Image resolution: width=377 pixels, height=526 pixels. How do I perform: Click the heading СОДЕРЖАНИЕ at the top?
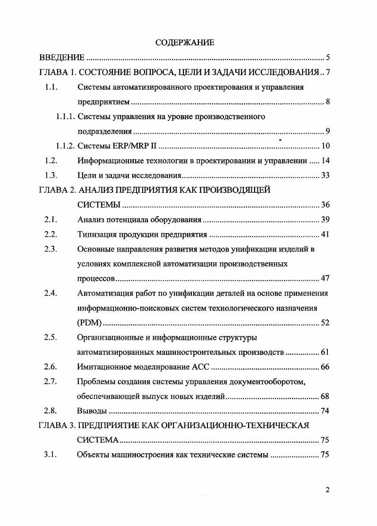[x=185, y=43]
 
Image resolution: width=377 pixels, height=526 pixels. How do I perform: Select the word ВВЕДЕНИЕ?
[x=61, y=58]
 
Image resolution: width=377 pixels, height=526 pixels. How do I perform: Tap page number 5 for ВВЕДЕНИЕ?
[x=327, y=58]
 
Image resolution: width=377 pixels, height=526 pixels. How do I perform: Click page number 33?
[x=325, y=175]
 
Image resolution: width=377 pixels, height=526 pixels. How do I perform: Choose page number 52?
[x=325, y=323]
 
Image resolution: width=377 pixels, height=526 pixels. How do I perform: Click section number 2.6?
[x=51, y=367]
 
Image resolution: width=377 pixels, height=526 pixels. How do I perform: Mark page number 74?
[x=325, y=411]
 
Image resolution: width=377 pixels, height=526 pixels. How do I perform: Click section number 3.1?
[x=51, y=455]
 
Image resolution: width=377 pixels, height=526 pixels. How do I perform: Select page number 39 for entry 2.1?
[x=325, y=220]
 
